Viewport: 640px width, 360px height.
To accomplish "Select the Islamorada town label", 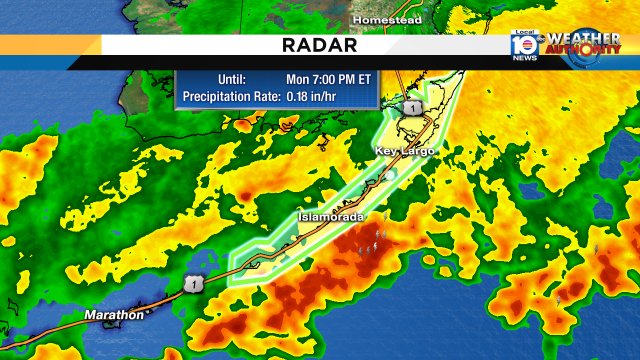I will (x=330, y=217).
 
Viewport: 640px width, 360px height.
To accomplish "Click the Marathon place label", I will (x=113, y=315).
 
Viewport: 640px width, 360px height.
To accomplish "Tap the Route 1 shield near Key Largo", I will (x=410, y=107).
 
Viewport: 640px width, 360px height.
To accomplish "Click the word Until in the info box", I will (x=231, y=78).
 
